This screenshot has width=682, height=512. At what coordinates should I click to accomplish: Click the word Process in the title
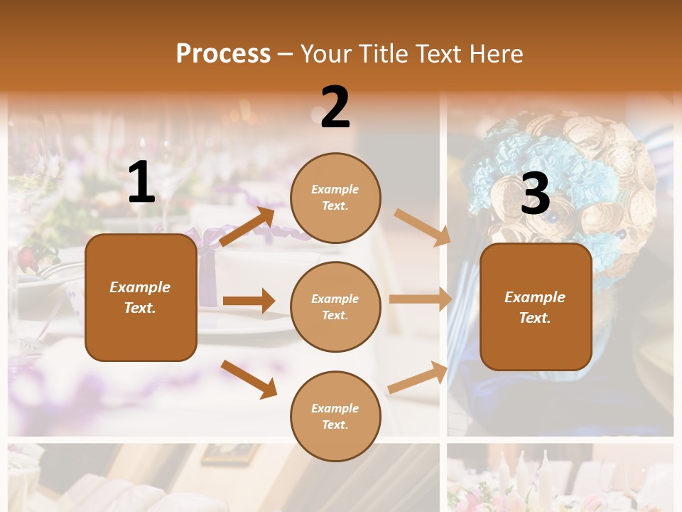click(223, 53)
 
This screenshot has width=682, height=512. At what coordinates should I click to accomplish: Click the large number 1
click(141, 183)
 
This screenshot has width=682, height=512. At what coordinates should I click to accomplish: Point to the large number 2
click(335, 107)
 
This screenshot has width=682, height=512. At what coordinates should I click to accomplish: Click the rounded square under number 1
click(141, 297)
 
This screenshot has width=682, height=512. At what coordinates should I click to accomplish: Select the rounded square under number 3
click(536, 307)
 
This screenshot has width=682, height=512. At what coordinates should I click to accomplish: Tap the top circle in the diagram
click(335, 198)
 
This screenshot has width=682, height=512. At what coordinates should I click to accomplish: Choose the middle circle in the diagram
click(335, 306)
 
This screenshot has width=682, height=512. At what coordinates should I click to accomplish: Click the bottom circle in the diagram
click(335, 416)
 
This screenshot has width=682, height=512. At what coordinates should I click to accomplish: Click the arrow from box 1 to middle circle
click(249, 301)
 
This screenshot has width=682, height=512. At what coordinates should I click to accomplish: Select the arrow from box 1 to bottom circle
click(249, 379)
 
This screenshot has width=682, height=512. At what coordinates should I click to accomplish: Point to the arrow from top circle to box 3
click(422, 228)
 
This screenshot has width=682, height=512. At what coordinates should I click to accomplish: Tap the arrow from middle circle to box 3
click(420, 299)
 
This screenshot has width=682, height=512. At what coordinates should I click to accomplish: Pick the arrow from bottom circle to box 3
click(418, 377)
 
